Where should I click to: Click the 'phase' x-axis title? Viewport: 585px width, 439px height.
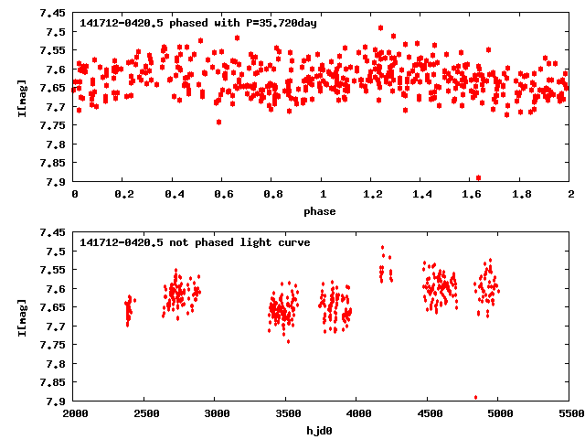pos(321,212)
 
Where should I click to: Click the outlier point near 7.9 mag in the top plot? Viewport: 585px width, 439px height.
pos(478,177)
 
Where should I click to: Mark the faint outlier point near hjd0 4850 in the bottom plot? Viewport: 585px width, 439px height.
pos(475,397)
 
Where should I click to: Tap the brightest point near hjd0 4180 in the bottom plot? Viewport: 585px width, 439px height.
pos(382,247)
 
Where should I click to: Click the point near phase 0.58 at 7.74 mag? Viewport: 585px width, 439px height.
pos(218,122)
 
